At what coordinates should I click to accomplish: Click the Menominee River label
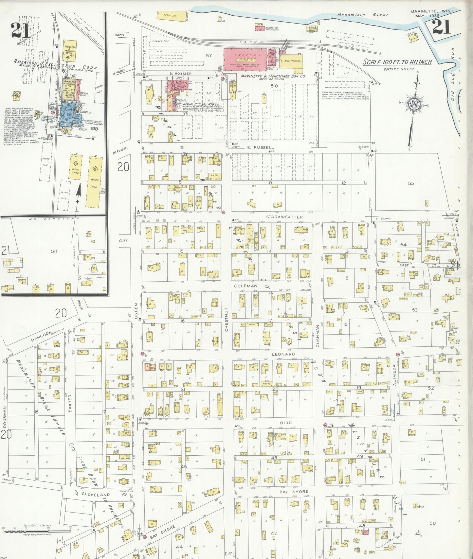coord(363,15)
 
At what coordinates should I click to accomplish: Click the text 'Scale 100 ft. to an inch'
coord(397,62)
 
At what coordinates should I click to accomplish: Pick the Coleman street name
coord(246,286)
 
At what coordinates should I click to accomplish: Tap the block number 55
coord(411,183)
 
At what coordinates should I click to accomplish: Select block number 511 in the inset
coord(54,251)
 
